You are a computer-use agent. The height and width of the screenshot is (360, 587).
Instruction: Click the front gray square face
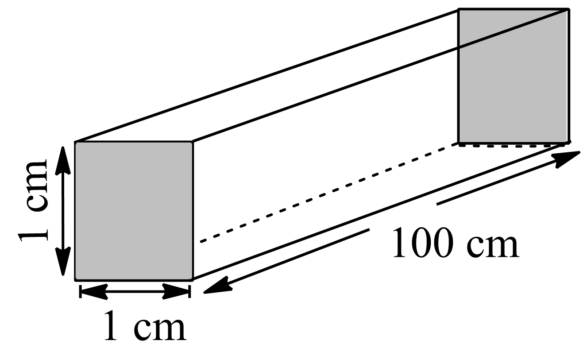(134, 211)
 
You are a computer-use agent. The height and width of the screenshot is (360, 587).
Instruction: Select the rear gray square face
(514, 76)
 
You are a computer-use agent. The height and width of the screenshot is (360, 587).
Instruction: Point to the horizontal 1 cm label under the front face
(145, 326)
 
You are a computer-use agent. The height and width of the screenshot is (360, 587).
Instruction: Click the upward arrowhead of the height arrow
(63, 153)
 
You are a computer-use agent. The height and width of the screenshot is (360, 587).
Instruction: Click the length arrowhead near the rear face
(569, 159)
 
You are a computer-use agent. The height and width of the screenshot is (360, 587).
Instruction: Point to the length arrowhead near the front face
(216, 286)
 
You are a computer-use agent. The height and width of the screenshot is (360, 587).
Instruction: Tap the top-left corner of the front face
(75, 142)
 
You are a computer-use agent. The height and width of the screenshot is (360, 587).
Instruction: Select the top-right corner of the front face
(193, 142)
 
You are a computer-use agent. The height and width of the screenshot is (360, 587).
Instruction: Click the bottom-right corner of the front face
(193, 279)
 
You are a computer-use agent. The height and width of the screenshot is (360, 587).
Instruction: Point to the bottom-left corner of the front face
(75, 279)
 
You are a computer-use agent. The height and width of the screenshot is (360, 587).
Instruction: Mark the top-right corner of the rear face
(568, 9)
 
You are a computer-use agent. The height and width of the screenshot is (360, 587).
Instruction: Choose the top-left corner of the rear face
(459, 9)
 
